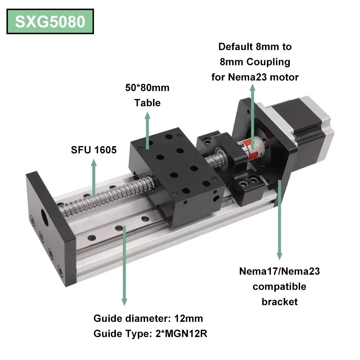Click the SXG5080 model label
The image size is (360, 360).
tap(50, 22)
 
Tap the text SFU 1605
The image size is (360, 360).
tap(94, 149)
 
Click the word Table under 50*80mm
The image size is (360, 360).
tap(147, 103)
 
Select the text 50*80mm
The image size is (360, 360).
tap(147, 88)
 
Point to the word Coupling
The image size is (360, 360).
tap(268, 62)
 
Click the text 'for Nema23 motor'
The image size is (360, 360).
tap(255, 77)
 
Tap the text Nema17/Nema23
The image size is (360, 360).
tap(279, 271)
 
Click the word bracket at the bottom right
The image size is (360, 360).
tap(279, 301)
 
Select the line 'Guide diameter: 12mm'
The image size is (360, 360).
tap(148, 318)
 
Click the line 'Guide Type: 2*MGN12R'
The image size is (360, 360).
tap(150, 334)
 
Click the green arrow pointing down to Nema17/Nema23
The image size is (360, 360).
tap(279, 220)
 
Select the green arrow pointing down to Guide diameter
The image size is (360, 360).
tap(124, 266)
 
